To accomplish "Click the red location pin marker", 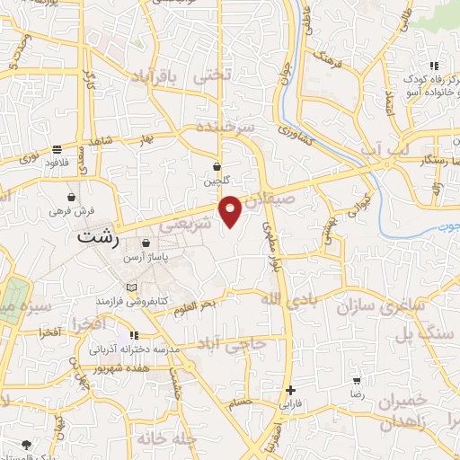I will [x=231, y=209].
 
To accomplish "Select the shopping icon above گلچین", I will [x=217, y=166].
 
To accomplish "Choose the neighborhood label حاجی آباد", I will [x=233, y=343].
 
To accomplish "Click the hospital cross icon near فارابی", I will [x=290, y=390].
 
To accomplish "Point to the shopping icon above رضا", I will [x=357, y=381].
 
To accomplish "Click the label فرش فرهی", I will [x=71, y=211].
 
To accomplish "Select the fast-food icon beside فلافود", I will [x=57, y=149].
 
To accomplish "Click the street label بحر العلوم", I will [x=196, y=305].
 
